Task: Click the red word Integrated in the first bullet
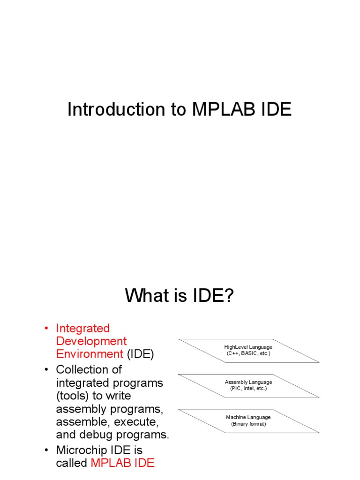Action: tap(82, 328)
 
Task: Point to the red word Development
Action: tap(91, 341)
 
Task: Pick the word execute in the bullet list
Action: tap(133, 421)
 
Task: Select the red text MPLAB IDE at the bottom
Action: tap(122, 463)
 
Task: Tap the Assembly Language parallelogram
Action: tap(248, 385)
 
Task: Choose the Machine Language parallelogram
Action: tap(248, 420)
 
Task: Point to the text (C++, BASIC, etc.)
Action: tap(248, 353)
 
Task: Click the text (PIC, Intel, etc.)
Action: tap(248, 389)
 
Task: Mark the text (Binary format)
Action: tap(248, 424)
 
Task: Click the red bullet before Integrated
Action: tap(47, 328)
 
